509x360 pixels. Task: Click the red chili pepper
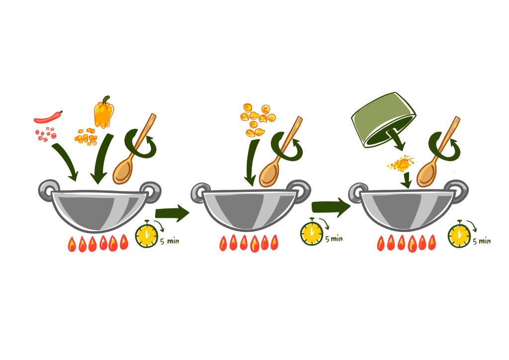coord(48,118)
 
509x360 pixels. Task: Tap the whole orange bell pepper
coord(104,113)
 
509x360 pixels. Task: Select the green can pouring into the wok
coord(382,119)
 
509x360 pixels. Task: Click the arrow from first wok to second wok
coord(172,214)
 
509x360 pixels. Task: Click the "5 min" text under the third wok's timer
coord(482,241)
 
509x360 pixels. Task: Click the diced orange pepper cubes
coord(86,136)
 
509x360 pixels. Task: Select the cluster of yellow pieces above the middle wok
coord(257,119)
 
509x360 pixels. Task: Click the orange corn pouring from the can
coord(401,163)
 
